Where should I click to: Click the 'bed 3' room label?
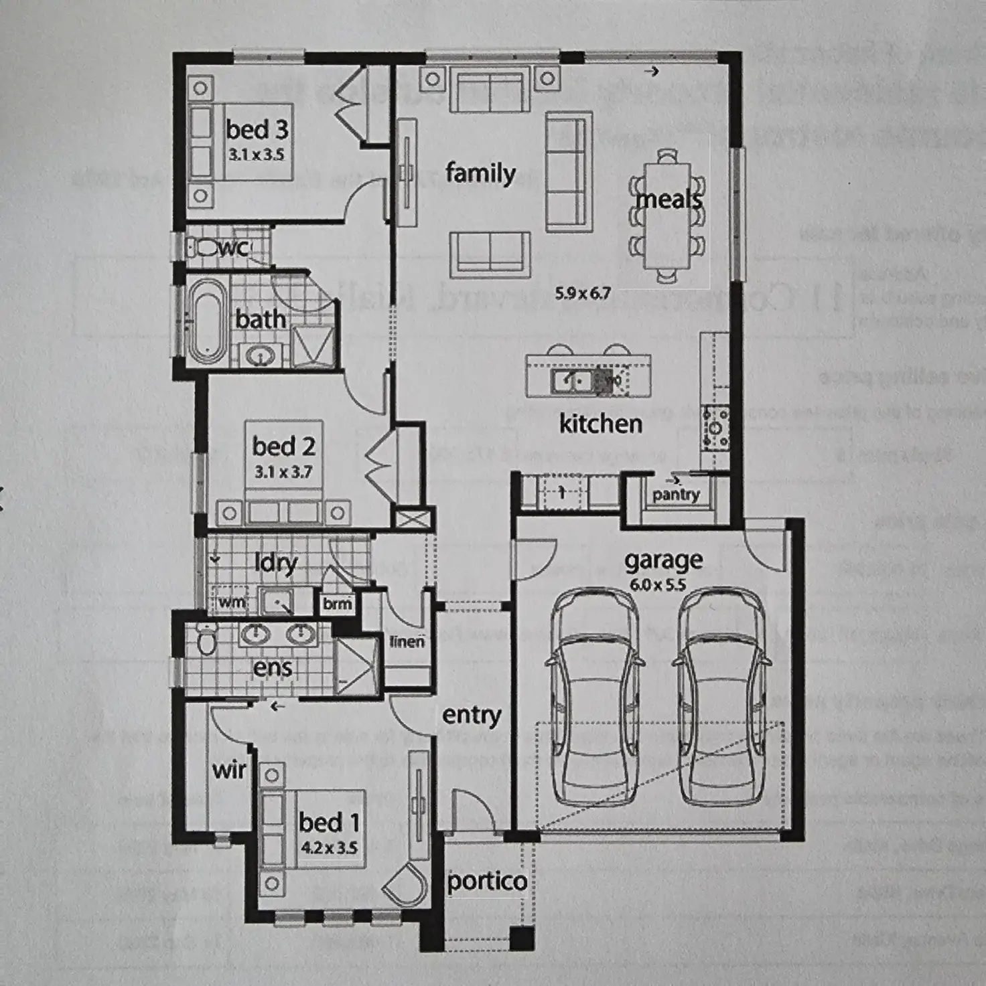(257, 129)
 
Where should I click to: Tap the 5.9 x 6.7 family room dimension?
(583, 293)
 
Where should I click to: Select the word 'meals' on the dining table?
(669, 199)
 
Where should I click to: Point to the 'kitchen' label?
(600, 424)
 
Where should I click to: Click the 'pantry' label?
(676, 495)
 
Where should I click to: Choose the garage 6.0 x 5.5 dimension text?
(658, 585)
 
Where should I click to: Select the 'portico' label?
(486, 881)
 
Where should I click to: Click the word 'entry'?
(472, 716)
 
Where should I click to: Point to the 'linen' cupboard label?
(407, 641)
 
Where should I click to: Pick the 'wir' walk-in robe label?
(229, 770)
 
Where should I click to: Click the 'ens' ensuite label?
(273, 667)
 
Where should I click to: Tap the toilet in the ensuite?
(208, 639)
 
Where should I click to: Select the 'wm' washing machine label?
(232, 602)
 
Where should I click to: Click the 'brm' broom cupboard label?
(337, 604)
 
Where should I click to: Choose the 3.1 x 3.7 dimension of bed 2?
(283, 472)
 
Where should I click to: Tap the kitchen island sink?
(571, 381)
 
